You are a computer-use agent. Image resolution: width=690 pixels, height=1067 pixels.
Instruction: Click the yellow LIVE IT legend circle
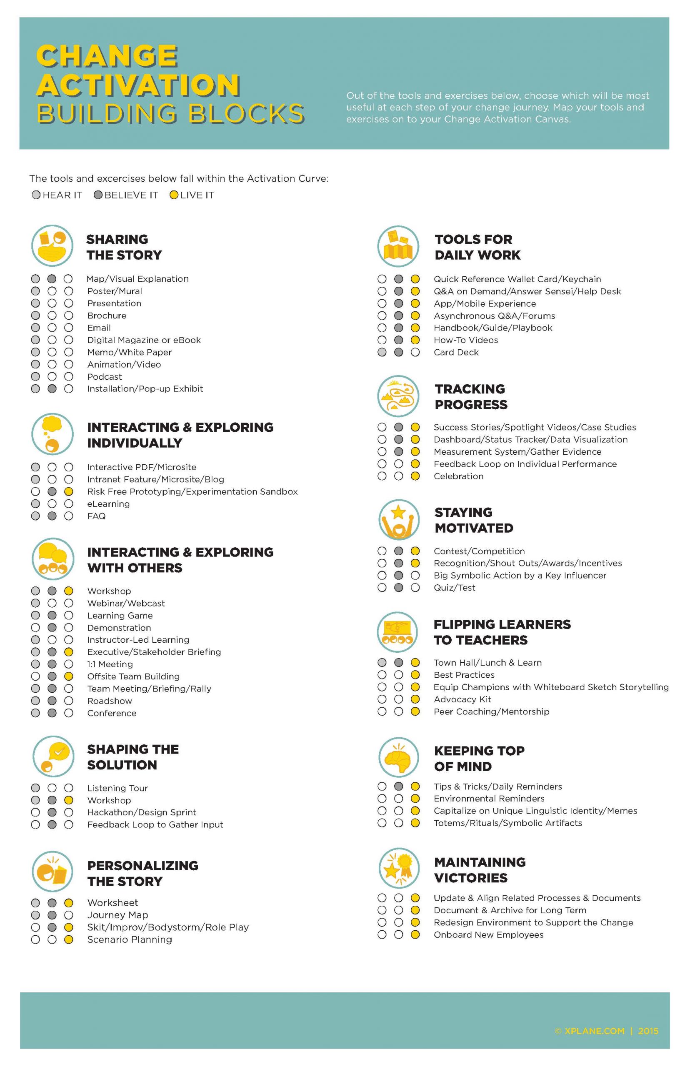pyautogui.click(x=174, y=195)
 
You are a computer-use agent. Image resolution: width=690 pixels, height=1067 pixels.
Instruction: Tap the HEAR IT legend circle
pyautogui.click(x=36, y=195)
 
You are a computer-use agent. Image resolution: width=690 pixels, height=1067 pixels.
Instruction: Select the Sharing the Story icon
pyautogui.click(x=52, y=245)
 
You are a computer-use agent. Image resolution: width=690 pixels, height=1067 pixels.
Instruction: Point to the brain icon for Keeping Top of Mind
pyautogui.click(x=398, y=758)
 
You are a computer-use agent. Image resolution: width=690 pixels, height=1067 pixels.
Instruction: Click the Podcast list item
pyautogui.click(x=105, y=377)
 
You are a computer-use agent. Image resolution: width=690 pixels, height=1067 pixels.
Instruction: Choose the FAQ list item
pyautogui.click(x=96, y=516)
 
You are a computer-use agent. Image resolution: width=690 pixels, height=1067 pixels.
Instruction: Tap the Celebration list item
pyautogui.click(x=458, y=476)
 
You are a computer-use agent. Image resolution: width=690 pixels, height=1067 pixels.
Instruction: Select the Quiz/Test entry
pyautogui.click(x=454, y=588)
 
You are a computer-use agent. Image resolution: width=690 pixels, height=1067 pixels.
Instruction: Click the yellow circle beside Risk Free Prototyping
pyautogui.click(x=69, y=491)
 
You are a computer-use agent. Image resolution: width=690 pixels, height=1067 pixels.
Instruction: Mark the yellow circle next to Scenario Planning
pyautogui.click(x=69, y=940)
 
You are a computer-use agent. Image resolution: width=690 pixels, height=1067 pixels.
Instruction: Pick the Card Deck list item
pyautogui.click(x=456, y=352)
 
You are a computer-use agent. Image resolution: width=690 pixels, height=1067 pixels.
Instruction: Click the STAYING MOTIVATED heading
pyautogui.click(x=474, y=520)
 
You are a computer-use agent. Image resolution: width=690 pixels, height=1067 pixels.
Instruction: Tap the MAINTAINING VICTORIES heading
pyautogui.click(x=480, y=870)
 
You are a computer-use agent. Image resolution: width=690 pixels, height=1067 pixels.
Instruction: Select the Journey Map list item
pyautogui.click(x=117, y=915)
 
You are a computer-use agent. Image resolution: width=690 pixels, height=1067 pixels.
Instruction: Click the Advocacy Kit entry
pyautogui.click(x=462, y=699)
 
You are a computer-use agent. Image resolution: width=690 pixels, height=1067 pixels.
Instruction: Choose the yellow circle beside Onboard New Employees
pyautogui.click(x=415, y=935)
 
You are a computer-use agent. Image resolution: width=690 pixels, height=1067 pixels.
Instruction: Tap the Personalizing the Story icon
pyautogui.click(x=52, y=872)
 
